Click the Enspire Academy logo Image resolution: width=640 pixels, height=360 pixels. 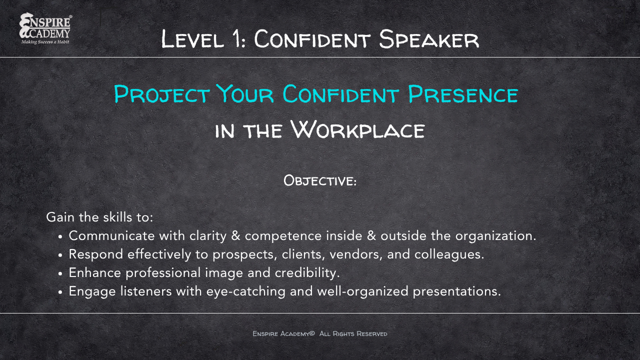point(45,28)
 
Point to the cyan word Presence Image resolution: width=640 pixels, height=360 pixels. point(462,94)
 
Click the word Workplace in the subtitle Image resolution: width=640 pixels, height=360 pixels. point(357,129)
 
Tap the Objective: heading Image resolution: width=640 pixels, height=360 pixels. point(320,180)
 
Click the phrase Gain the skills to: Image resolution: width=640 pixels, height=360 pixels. point(99,217)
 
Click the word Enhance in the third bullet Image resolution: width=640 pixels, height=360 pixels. point(95,272)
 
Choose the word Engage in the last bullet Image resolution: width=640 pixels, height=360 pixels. point(91,291)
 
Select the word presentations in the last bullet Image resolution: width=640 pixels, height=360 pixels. point(456,291)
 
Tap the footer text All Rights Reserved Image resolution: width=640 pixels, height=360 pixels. point(353,333)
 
